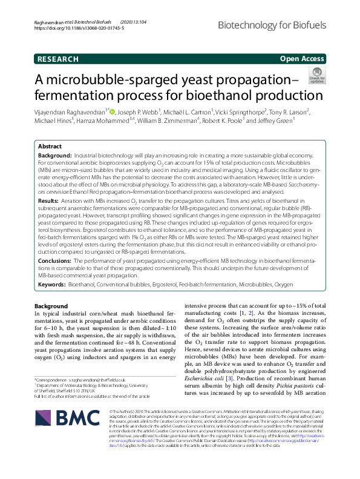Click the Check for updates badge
click(316, 76)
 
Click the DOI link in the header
click(76, 28)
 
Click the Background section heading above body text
click(51, 306)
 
